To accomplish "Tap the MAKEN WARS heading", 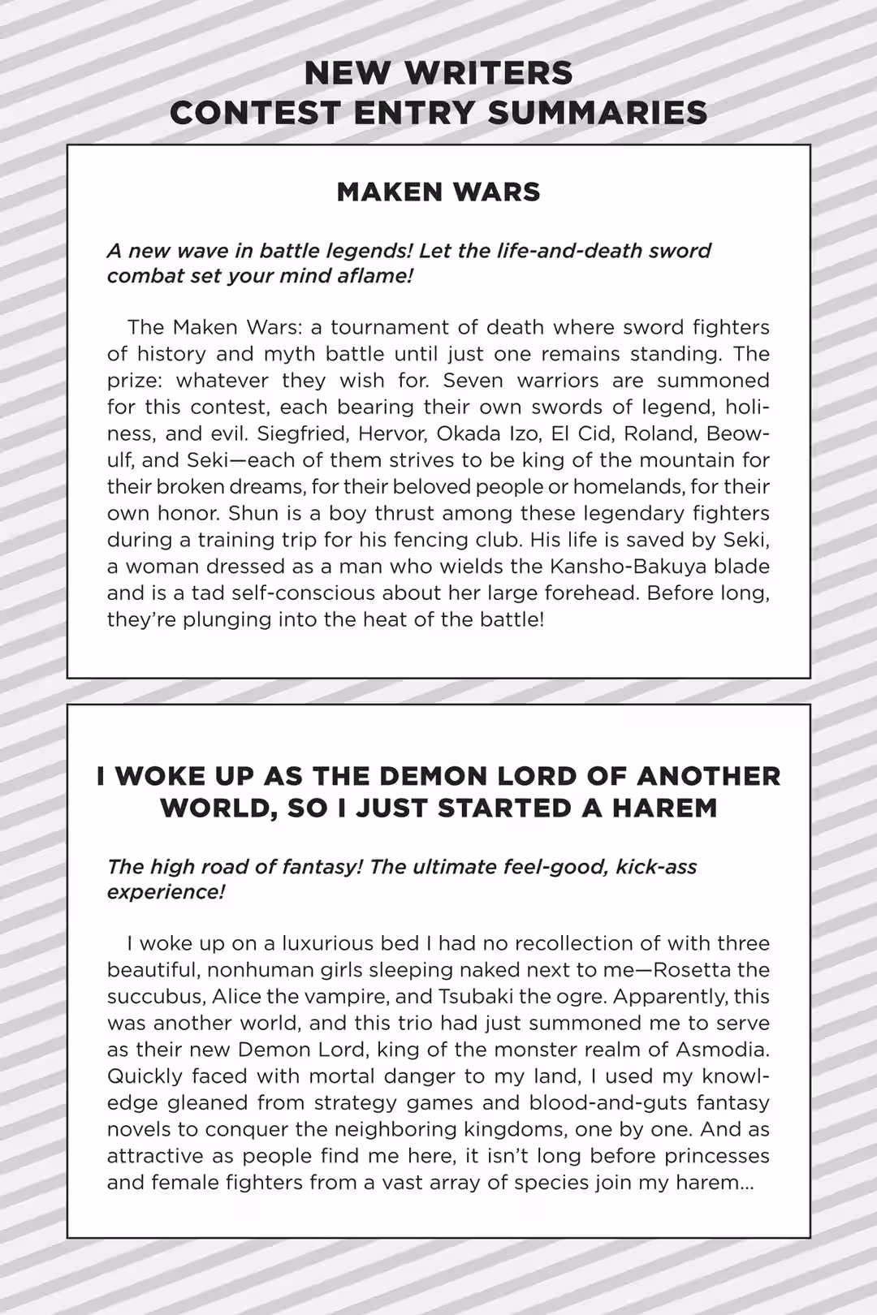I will click(438, 192).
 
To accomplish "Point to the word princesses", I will click(717, 1156).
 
